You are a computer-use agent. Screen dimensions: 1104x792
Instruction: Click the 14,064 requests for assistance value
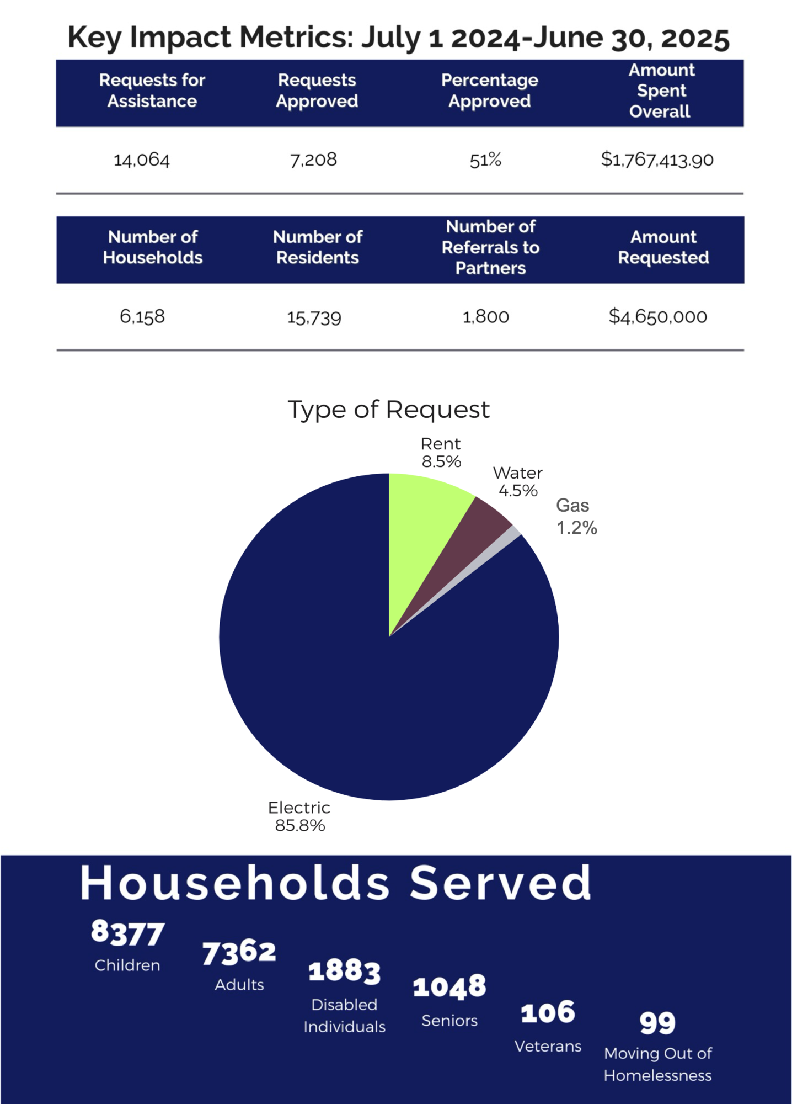(x=142, y=160)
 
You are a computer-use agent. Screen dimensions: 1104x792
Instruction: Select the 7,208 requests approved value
(x=313, y=160)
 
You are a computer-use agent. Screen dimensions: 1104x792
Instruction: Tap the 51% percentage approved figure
(x=485, y=160)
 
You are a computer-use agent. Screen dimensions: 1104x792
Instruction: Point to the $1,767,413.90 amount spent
(x=657, y=160)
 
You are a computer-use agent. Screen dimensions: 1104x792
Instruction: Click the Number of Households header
(x=153, y=247)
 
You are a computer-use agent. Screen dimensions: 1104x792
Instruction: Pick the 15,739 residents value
(x=314, y=317)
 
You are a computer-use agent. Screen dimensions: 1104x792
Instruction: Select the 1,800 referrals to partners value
(x=485, y=317)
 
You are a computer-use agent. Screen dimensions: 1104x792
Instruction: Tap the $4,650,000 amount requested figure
(x=657, y=317)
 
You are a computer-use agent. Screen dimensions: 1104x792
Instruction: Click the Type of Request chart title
(x=389, y=410)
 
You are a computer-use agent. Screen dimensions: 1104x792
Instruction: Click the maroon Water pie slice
(x=474, y=530)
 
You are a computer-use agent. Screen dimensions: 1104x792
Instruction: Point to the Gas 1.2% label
(x=576, y=517)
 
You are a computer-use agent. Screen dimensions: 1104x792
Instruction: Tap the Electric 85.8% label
(x=299, y=816)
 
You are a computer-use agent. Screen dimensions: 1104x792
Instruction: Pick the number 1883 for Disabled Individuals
(x=344, y=972)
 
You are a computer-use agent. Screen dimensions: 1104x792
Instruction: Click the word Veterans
(x=548, y=1047)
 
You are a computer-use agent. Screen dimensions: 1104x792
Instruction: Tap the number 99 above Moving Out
(x=657, y=1022)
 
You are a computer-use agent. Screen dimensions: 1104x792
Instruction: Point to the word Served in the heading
(x=500, y=883)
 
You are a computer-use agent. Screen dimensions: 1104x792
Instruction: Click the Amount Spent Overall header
(x=661, y=91)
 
